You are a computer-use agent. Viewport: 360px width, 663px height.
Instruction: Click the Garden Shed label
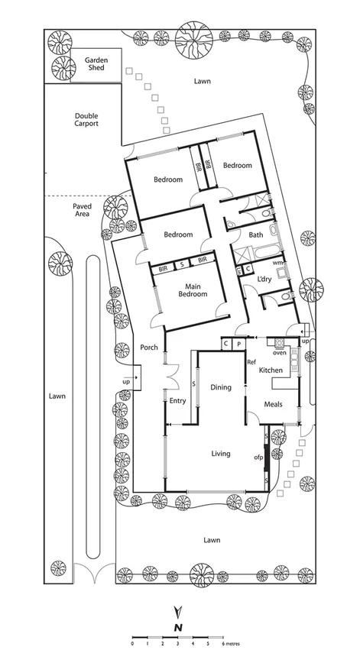(x=95, y=63)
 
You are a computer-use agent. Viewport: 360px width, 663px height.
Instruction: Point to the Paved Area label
(x=82, y=210)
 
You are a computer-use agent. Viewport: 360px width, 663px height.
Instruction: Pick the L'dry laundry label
(x=265, y=278)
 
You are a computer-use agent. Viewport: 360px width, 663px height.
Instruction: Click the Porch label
(x=149, y=348)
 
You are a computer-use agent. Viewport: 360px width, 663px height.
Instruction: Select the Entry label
(x=177, y=399)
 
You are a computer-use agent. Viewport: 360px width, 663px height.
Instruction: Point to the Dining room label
(x=221, y=387)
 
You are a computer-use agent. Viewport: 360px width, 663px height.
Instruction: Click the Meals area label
(x=274, y=404)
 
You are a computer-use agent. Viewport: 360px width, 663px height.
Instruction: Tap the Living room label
(x=221, y=454)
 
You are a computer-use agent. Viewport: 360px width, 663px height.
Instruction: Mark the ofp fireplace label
(x=258, y=458)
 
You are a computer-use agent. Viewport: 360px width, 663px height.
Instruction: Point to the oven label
(x=280, y=352)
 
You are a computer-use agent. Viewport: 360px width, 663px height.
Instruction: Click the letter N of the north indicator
(x=178, y=626)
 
